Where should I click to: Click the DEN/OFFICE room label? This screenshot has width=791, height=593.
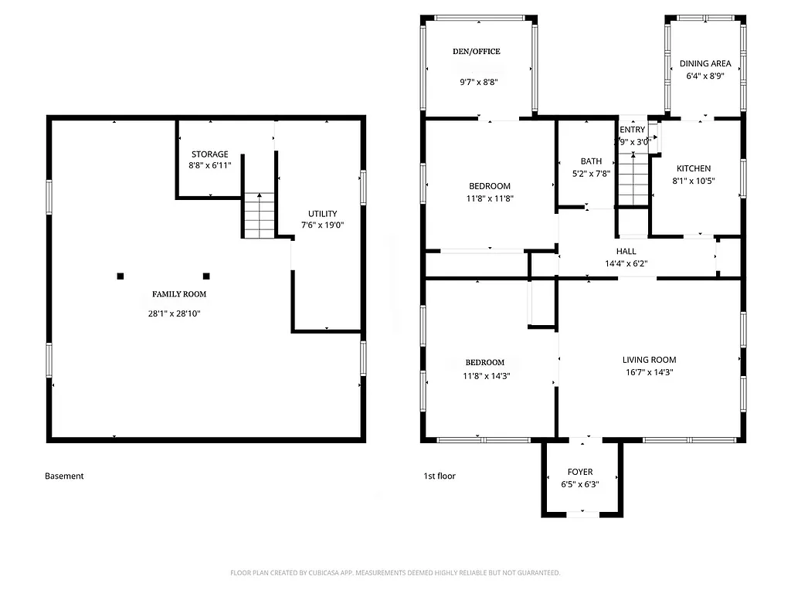tap(476, 52)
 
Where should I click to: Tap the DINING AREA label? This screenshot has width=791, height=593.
tap(705, 63)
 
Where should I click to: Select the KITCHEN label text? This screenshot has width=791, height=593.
tap(694, 169)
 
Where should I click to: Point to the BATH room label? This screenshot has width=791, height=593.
tap(591, 161)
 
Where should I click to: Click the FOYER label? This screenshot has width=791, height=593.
tap(580, 472)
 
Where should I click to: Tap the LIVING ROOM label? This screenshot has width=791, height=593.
tap(649, 360)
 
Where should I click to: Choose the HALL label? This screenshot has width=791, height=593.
tap(626, 252)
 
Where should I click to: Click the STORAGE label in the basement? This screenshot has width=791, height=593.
tap(210, 154)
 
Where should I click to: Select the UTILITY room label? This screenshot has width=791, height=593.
tap(322, 214)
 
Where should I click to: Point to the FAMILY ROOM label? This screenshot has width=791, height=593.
tap(179, 294)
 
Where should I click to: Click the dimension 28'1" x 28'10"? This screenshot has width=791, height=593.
tap(179, 313)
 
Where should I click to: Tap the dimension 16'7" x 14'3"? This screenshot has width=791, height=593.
tap(649, 372)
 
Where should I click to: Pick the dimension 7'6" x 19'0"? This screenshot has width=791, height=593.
tap(322, 225)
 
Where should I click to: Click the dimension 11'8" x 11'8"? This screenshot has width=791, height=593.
tap(490, 198)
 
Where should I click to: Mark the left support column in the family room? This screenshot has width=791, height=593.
tap(120, 276)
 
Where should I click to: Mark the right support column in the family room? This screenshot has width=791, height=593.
tap(206, 276)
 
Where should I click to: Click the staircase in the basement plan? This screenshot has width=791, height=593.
tap(260, 215)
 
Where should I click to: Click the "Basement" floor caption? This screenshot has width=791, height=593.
tap(64, 476)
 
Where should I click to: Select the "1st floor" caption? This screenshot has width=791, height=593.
tap(440, 476)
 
